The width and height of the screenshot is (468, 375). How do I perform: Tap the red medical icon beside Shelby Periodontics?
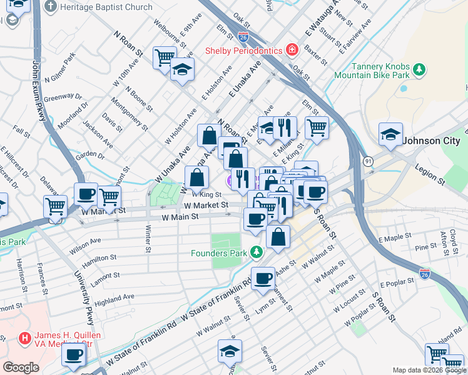click(x=292, y=49)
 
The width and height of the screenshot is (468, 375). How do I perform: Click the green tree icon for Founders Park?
click(x=255, y=252)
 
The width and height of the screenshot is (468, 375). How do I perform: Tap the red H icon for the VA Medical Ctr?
click(x=25, y=338)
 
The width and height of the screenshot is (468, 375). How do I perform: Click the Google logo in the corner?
click(x=21, y=367)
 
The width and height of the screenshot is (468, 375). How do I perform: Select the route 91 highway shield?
click(x=369, y=161)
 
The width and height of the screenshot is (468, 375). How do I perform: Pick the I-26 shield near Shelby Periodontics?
click(x=243, y=39)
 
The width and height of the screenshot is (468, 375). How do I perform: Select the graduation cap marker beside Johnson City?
click(x=390, y=134)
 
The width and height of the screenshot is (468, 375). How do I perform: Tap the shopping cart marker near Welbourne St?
click(x=164, y=57)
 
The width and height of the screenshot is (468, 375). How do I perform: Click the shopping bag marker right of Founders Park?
click(x=278, y=236)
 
